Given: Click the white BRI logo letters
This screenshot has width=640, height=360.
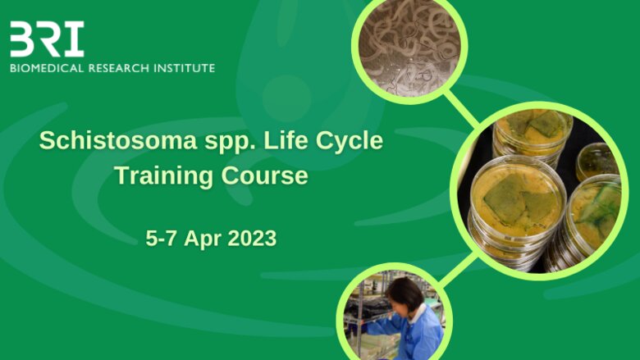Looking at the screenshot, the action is pos(47,39).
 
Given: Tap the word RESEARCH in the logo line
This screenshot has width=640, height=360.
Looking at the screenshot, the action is pos(119,68).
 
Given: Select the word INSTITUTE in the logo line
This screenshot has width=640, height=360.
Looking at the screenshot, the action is pos(184,68).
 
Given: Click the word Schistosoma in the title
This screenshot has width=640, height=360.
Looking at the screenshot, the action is pos(118,141).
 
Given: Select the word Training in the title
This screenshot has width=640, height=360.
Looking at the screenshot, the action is pos(164,176).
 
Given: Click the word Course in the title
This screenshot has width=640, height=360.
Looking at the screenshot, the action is pos(265,176).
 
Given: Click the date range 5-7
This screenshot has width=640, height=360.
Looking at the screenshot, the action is pos(161,238).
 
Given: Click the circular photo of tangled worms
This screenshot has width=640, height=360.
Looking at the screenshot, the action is pos(409,49).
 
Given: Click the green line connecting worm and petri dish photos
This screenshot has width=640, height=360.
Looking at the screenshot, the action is pos(461,109).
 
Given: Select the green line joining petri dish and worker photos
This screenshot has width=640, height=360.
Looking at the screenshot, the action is pos(458,269).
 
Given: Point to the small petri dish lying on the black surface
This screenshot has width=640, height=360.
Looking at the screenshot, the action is pos(595,162).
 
